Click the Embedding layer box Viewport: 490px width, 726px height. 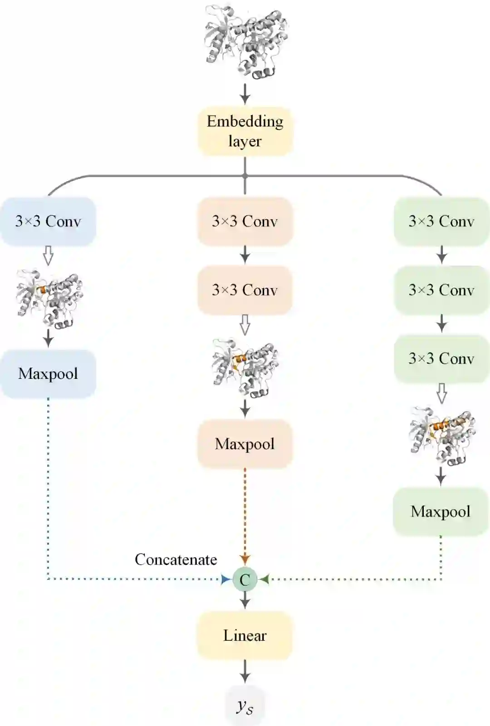click(245, 131)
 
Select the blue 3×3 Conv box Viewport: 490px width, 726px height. click(48, 221)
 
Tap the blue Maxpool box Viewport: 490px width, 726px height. click(48, 374)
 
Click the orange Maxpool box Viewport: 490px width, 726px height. click(245, 444)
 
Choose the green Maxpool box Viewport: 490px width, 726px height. click(441, 512)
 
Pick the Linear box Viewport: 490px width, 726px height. click(245, 635)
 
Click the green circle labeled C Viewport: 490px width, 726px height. click(245, 579)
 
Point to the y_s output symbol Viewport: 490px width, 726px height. click(245, 706)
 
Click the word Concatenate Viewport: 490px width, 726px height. click(176, 560)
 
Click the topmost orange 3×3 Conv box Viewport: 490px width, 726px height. click(245, 221)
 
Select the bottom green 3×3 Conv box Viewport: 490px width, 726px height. click(441, 358)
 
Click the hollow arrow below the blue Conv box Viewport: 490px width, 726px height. click(48, 256)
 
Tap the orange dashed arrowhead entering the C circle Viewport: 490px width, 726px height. click(245, 560)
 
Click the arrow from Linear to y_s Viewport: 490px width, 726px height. click(245, 671)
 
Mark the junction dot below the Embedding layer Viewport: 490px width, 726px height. click(245, 176)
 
